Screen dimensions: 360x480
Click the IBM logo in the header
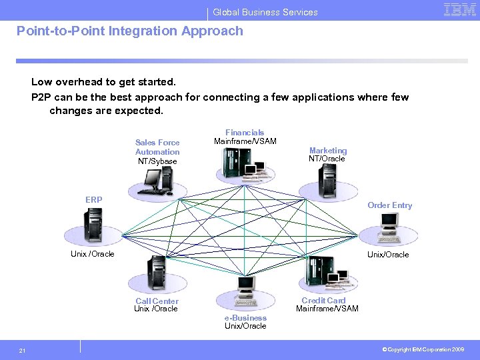[459, 9]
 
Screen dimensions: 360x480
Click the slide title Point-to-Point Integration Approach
[130, 31]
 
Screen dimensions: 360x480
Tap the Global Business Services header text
[265, 12]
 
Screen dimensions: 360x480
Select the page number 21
[23, 350]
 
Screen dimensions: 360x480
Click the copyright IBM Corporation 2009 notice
[423, 349]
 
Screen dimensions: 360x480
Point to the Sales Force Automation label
[157, 147]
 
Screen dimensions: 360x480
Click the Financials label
[245, 133]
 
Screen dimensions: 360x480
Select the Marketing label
[327, 151]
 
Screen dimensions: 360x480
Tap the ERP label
[94, 199]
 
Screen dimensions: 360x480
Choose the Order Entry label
[389, 205]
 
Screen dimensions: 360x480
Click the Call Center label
[157, 301]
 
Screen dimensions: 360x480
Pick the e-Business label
[245, 318]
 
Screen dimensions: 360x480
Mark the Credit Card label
[323, 301]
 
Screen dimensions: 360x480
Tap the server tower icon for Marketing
[328, 178]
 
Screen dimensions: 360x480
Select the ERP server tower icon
[91, 225]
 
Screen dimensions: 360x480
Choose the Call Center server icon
[155, 273]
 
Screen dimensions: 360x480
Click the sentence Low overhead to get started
[103, 82]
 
